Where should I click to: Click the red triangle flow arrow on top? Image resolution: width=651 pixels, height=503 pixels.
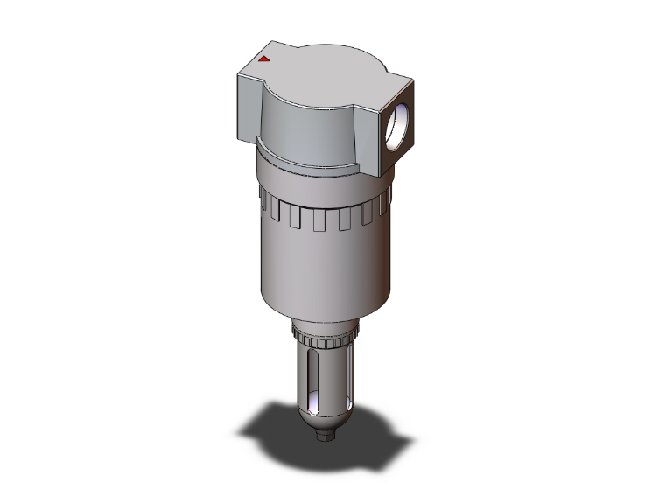[x=263, y=59]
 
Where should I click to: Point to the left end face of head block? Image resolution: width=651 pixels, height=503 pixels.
[x=248, y=103]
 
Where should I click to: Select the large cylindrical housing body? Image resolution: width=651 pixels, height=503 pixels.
[x=324, y=262]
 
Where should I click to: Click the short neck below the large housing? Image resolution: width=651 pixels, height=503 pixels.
[x=325, y=326]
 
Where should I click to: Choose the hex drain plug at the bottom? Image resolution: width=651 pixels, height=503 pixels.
[x=325, y=430]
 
